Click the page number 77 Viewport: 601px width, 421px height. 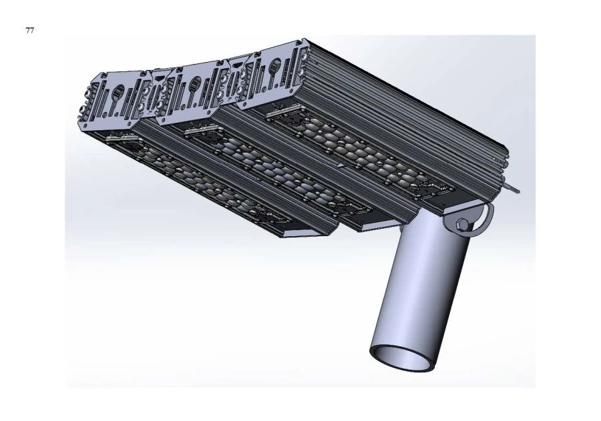click(30, 31)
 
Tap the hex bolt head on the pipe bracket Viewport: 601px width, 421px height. click(461, 225)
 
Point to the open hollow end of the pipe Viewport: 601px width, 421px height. click(404, 356)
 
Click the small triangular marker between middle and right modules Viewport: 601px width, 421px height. click(341, 164)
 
